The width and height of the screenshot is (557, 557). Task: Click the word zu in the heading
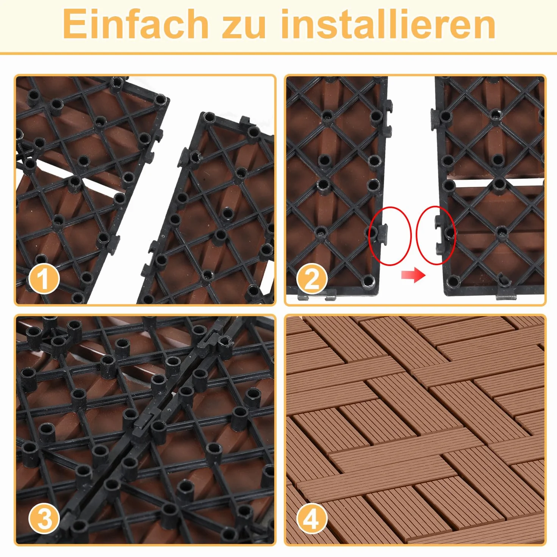pyautogui.click(x=243, y=27)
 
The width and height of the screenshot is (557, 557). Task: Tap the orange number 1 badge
pyautogui.click(x=44, y=279)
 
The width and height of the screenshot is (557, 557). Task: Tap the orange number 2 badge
pyautogui.click(x=311, y=279)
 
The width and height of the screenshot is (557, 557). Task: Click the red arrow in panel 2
pyautogui.click(x=413, y=275)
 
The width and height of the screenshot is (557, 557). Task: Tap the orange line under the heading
pyautogui.click(x=278, y=53)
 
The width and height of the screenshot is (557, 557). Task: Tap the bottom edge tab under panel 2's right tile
pyautogui.click(x=506, y=296)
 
